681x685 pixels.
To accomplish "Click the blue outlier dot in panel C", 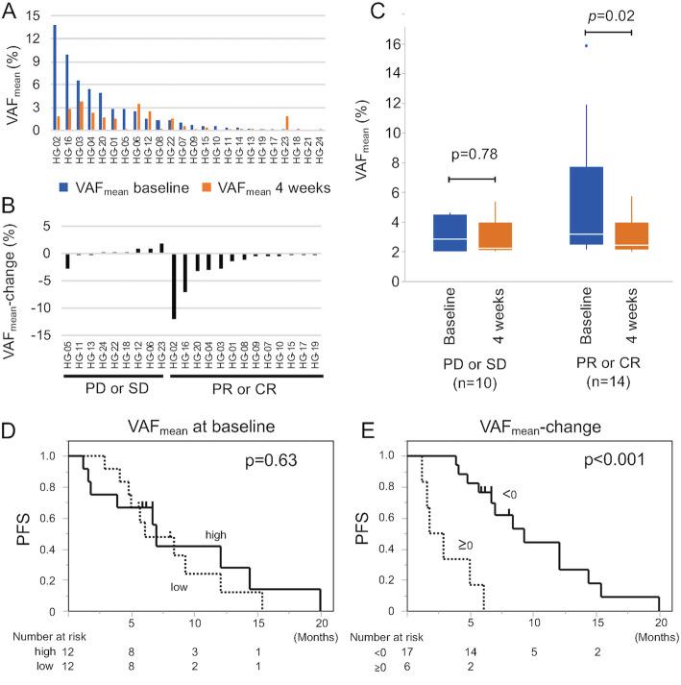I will tap(586, 45).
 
